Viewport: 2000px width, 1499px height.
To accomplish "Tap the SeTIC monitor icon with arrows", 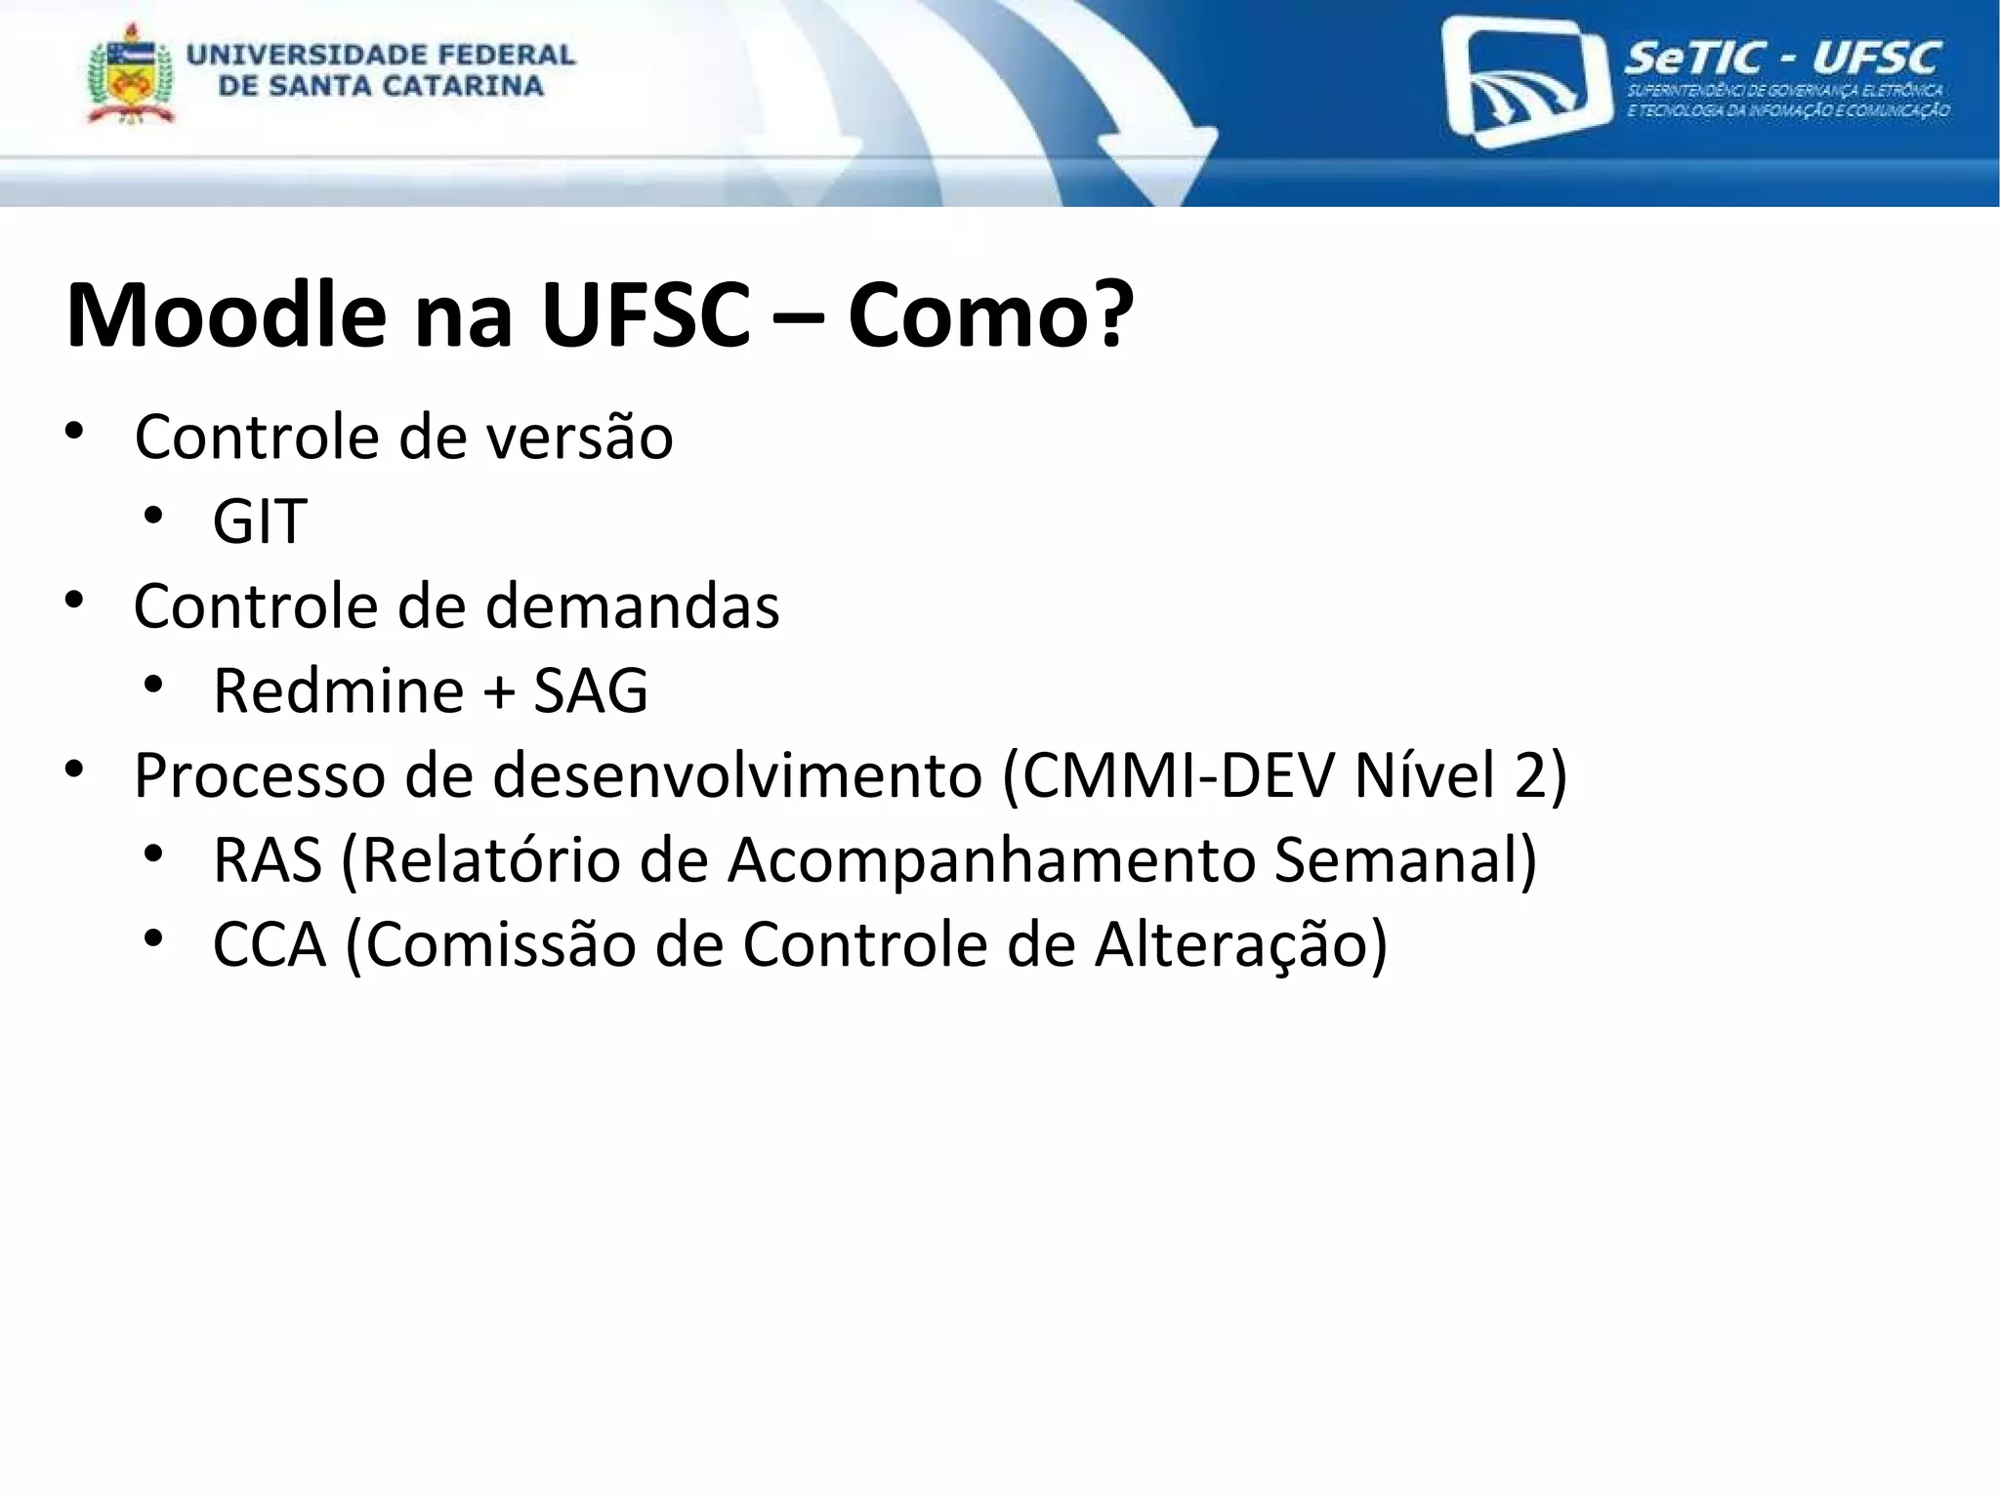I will pos(1525,83).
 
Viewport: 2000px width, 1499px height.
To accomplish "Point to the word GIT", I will pos(260,520).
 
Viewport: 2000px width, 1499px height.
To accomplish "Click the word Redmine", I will pos(338,690).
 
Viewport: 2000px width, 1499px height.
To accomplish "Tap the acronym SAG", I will pos(591,690).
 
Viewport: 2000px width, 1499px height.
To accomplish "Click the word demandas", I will pos(632,605).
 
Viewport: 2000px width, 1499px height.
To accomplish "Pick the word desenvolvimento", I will pos(737,775).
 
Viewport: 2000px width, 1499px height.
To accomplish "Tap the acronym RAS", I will pos(268,860).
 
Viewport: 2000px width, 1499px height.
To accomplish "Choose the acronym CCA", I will pos(269,945).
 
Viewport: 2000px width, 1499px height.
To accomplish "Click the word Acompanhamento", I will pos(990,860).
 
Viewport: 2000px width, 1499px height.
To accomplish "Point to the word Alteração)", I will pos(1240,945).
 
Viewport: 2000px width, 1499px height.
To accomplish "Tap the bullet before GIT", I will pos(152,516).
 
